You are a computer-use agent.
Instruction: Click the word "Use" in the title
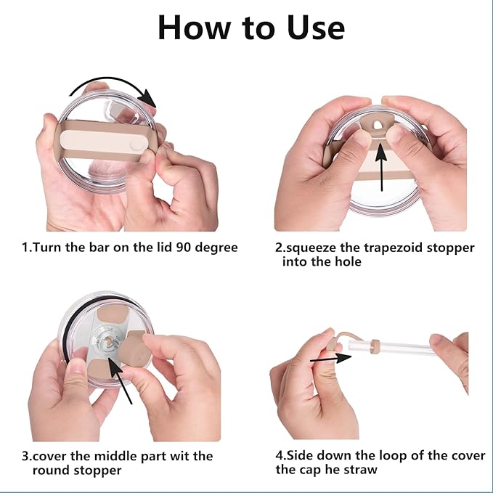(x=316, y=28)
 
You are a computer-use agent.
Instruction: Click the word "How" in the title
(x=194, y=28)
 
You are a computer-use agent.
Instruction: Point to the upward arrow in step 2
(x=381, y=166)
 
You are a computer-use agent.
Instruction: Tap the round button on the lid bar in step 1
(x=135, y=146)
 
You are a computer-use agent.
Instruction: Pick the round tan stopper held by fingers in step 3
(x=135, y=350)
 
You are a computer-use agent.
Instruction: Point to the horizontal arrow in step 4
(x=331, y=359)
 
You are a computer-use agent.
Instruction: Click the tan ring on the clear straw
(x=375, y=346)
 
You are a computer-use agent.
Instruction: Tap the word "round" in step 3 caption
(x=51, y=470)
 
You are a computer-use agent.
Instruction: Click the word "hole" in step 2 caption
(x=348, y=261)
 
